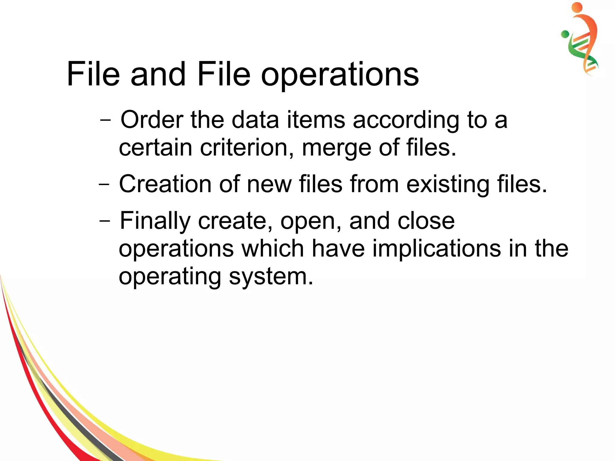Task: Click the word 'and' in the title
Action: [158, 74]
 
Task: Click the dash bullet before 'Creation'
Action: [104, 184]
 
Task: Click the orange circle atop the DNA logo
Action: [577, 7]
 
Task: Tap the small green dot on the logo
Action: [565, 34]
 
